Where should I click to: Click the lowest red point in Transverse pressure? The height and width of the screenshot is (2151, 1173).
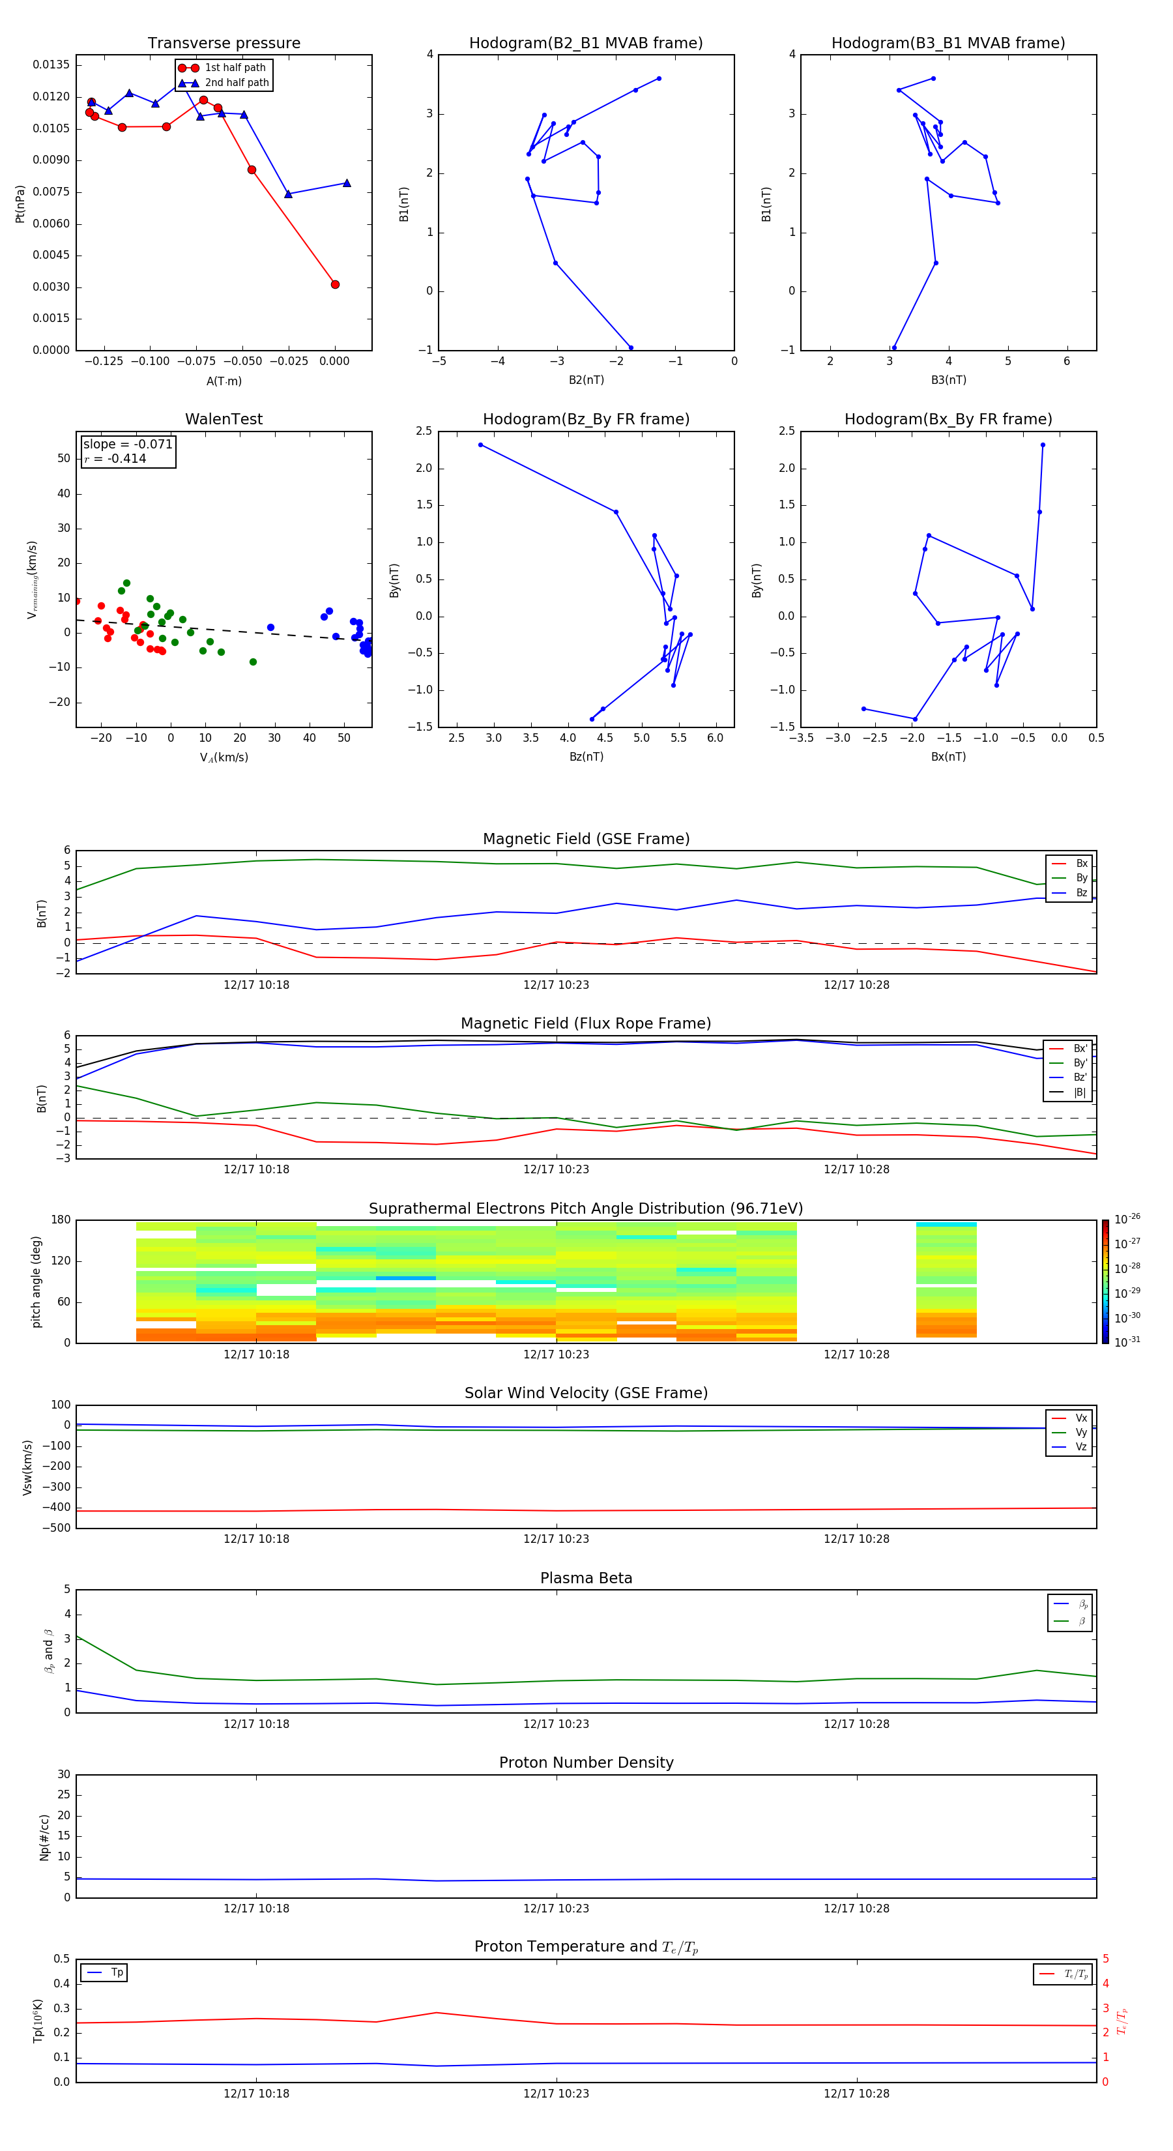click(335, 285)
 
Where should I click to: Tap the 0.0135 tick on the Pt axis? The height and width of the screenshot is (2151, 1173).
click(51, 65)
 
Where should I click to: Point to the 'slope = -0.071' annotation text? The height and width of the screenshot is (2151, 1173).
click(128, 445)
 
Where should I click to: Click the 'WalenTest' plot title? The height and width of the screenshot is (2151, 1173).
click(224, 419)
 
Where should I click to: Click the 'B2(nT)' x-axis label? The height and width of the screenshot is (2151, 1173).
click(586, 380)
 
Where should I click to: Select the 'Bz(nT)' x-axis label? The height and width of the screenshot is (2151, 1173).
click(586, 757)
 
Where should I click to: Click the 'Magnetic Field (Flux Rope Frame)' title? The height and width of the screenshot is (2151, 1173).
click(585, 1024)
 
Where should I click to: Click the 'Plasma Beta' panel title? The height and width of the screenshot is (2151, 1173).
click(585, 1578)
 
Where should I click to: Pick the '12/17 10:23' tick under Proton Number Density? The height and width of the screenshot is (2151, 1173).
click(556, 1908)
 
